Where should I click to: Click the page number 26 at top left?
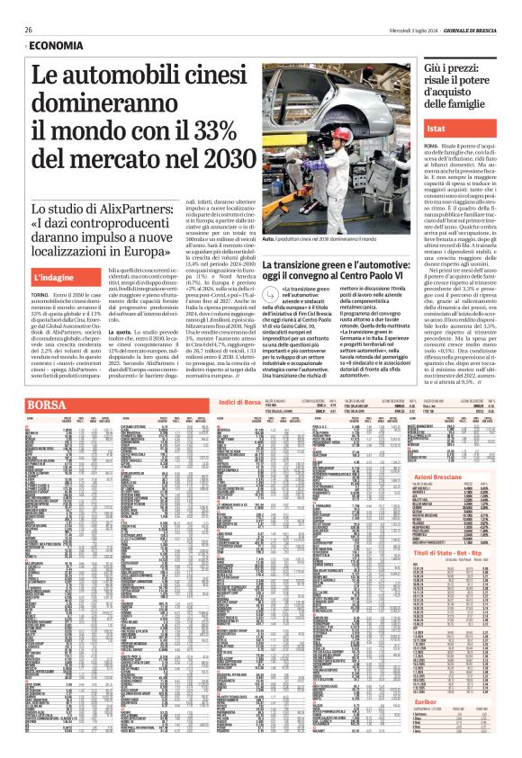(x=29, y=30)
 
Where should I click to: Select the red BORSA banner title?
(x=46, y=406)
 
